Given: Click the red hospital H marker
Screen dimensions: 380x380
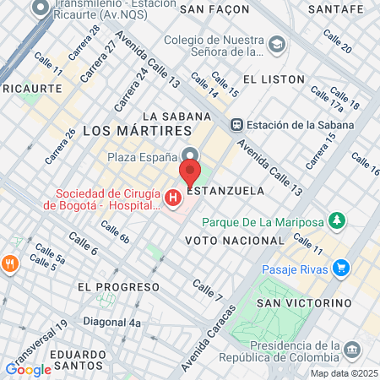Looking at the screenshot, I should tap(173, 198).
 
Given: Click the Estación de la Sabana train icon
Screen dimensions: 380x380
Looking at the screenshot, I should tap(237, 123).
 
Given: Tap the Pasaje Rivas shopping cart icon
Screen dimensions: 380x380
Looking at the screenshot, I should tap(341, 269).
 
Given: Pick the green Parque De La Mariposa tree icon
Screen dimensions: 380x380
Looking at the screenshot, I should tap(338, 221).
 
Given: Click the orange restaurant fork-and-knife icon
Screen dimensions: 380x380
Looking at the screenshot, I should tap(11, 263).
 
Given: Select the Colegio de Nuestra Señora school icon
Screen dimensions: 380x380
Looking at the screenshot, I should tap(276, 43).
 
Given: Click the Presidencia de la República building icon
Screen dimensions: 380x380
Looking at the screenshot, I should tap(352, 349).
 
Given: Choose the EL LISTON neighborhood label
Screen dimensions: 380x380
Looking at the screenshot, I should tap(273, 79).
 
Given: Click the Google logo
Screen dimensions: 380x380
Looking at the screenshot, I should tap(29, 369).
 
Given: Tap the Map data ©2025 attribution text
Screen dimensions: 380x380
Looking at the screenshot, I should tap(343, 373).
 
